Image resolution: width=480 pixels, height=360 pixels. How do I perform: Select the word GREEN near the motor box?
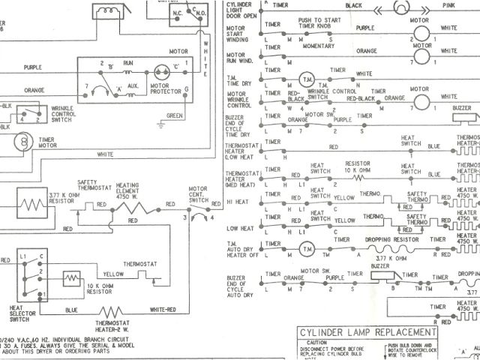[x=175, y=115]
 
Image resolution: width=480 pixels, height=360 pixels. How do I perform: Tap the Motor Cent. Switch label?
[x=198, y=193]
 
